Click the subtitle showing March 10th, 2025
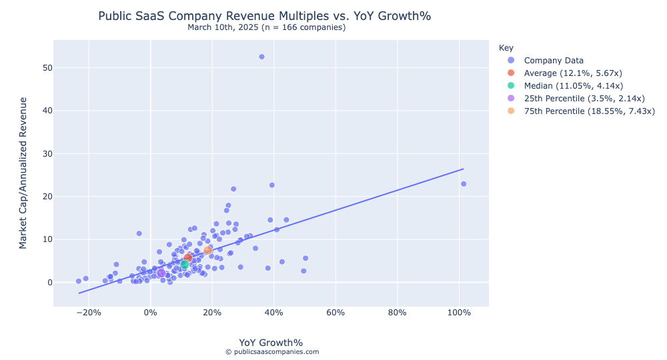click(266, 27)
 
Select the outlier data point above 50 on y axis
click(261, 57)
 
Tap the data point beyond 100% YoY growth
click(464, 184)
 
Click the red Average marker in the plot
click(188, 257)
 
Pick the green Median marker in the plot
click(185, 265)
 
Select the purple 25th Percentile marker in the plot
click(161, 273)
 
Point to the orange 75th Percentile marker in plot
click(208, 250)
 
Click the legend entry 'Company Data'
click(554, 61)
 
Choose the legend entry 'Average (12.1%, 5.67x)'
click(573, 73)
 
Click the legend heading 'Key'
click(506, 48)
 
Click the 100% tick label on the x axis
click(459, 313)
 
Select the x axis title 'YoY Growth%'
click(271, 343)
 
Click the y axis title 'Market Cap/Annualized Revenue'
click(23, 173)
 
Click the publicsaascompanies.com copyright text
click(272, 352)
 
